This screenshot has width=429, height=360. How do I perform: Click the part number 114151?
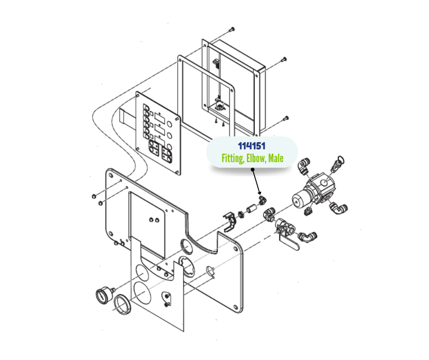click(252, 146)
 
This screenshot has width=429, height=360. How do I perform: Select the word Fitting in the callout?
click(233, 159)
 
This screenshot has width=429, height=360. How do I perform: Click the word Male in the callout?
click(276, 158)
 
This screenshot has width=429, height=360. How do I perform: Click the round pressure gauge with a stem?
click(105, 295)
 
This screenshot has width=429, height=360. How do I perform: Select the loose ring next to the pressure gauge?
click(122, 304)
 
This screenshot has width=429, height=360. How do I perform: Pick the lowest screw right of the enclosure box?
click(286, 118)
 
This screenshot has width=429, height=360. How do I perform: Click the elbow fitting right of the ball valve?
click(307, 236)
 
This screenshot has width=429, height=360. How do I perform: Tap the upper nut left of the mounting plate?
click(94, 196)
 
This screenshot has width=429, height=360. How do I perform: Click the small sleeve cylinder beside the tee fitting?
click(252, 209)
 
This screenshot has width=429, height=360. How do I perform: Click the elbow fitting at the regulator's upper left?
click(303, 166)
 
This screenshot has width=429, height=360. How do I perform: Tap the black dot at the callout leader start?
click(253, 169)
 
